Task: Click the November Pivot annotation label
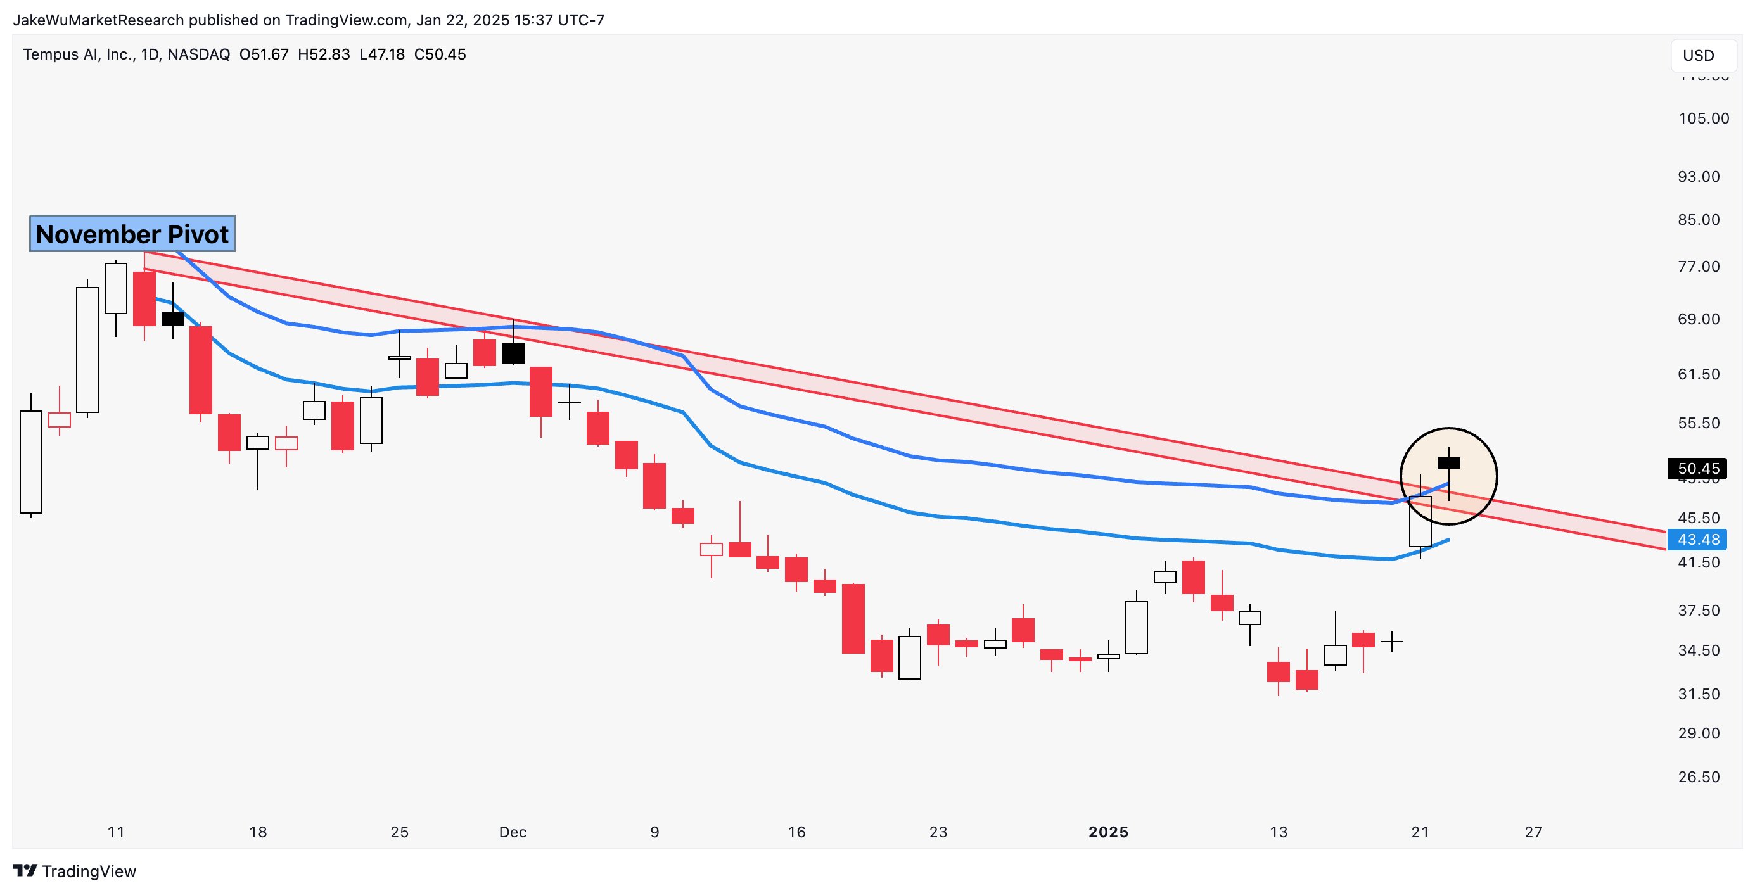(132, 234)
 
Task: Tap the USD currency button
(1698, 55)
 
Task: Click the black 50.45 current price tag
(1697, 468)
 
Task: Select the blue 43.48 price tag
(1697, 540)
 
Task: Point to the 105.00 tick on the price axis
(1703, 118)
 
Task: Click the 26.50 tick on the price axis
(1699, 777)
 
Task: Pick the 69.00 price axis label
(1699, 319)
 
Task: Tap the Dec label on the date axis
(513, 832)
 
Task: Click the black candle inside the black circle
(1448, 463)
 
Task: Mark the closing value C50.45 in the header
(440, 54)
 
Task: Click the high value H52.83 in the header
(324, 54)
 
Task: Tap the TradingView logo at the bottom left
(75, 871)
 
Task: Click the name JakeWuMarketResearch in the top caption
(98, 20)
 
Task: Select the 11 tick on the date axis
(116, 832)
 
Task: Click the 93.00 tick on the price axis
(1699, 177)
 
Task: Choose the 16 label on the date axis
(796, 832)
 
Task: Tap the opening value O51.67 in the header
(264, 54)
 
